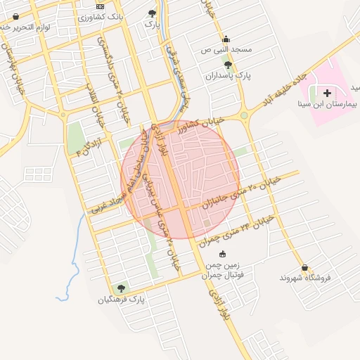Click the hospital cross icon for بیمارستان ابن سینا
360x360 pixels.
click(x=326, y=92)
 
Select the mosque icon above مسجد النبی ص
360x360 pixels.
click(x=226, y=39)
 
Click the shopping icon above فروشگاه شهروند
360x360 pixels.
click(x=304, y=267)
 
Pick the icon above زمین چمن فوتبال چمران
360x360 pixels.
click(x=223, y=254)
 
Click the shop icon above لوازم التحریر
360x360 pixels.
click(x=15, y=16)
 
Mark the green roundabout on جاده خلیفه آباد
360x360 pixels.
click(x=245, y=115)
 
